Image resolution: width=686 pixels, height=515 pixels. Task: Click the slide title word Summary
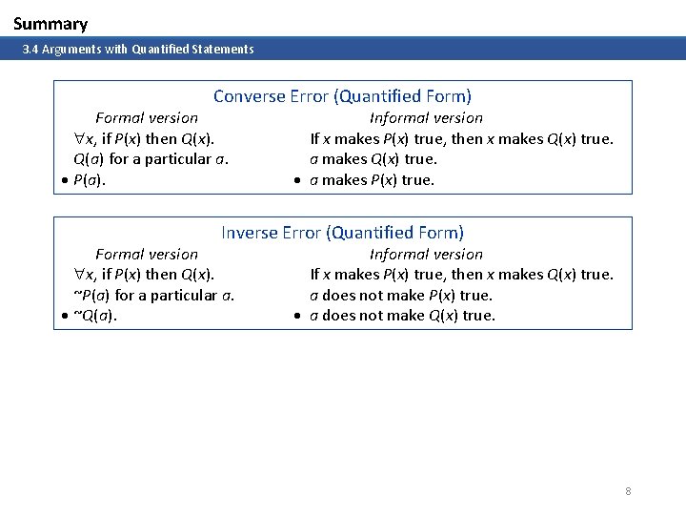pos(50,24)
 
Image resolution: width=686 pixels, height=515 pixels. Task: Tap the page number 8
pos(628,491)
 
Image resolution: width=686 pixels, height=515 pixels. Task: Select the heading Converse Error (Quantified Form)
pos(342,96)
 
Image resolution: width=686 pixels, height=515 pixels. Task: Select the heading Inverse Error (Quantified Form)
pos(342,233)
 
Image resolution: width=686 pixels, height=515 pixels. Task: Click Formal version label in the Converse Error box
pos(147,118)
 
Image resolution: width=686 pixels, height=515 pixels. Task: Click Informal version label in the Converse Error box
pos(426,118)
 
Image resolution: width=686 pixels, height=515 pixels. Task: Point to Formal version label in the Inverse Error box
pos(147,255)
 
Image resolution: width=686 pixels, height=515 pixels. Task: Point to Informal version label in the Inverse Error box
pos(426,255)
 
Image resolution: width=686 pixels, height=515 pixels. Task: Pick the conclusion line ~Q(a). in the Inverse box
pos(95,317)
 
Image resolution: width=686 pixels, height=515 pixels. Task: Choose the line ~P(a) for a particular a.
pos(154,296)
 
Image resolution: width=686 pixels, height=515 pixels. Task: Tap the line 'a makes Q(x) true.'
pos(373,159)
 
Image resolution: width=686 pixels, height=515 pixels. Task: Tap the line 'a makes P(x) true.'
pos(372,180)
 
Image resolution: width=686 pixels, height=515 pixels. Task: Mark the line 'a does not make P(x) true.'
pos(401,296)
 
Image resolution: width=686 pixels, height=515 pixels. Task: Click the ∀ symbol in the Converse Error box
pos(80,139)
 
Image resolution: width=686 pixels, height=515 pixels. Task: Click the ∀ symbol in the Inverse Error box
pos(80,276)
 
